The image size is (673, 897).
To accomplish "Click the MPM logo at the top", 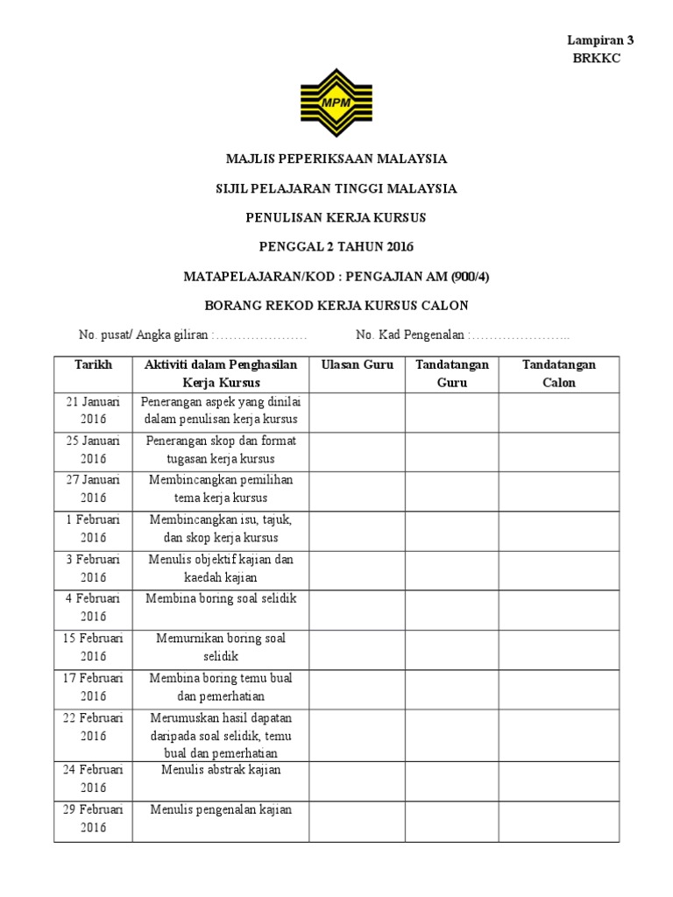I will click(x=336, y=102).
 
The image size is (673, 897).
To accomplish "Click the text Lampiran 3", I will click(x=599, y=40).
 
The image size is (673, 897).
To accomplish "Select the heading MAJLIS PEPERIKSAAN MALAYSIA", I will click(x=336, y=159).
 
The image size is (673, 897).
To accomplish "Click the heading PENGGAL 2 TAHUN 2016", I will click(x=336, y=247).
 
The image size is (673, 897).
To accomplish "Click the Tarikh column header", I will click(x=93, y=364).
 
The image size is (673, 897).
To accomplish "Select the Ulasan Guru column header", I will click(x=357, y=364).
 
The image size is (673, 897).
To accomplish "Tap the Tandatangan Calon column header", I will click(x=559, y=373).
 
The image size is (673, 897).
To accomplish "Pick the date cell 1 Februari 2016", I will click(x=93, y=529).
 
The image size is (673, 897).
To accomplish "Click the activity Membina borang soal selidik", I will click(x=223, y=598).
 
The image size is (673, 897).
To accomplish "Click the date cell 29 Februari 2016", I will click(x=93, y=818).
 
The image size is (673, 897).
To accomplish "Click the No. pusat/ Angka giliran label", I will click(x=144, y=335).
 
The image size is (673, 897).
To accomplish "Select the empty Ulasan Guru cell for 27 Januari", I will click(x=356, y=489).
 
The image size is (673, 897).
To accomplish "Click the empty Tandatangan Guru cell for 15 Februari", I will click(x=451, y=647).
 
